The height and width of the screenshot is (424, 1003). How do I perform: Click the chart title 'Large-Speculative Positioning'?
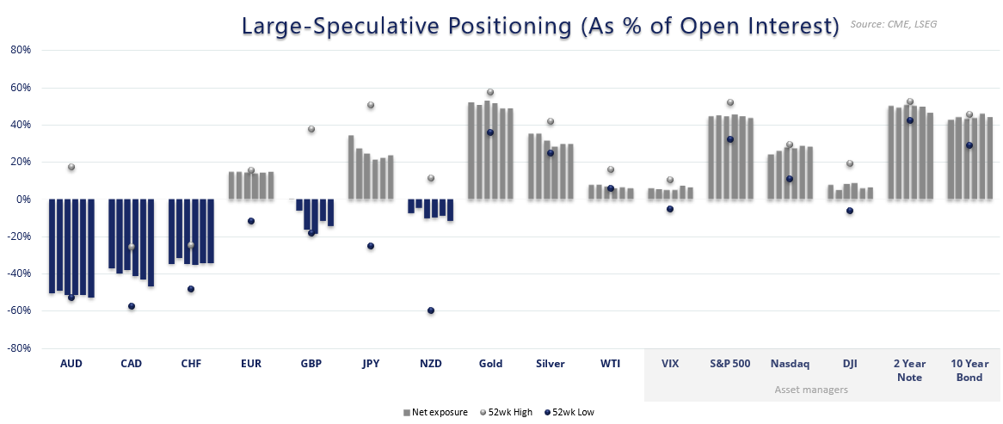click(x=539, y=26)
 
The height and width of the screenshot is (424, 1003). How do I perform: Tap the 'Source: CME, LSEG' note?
click(x=893, y=24)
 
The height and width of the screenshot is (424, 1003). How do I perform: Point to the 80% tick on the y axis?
click(x=20, y=50)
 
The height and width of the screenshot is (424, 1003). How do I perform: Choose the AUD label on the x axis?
click(x=71, y=364)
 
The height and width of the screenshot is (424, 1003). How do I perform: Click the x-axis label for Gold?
click(x=490, y=364)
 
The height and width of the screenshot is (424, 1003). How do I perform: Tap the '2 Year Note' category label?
click(x=909, y=370)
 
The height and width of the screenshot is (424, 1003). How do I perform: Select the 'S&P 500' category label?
click(x=729, y=364)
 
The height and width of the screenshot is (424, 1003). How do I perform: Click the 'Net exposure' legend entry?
click(x=435, y=412)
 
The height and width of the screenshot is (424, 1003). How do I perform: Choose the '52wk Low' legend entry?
click(x=570, y=412)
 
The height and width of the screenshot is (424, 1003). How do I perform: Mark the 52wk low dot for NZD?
click(x=430, y=310)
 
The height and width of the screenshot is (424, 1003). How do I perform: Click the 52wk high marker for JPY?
click(x=371, y=105)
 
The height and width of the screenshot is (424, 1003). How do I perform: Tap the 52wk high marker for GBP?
click(x=311, y=129)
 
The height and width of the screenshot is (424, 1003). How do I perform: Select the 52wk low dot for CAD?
click(x=132, y=306)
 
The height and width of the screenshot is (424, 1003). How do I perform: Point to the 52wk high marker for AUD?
click(x=71, y=167)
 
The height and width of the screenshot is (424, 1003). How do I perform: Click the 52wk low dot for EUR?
click(x=251, y=221)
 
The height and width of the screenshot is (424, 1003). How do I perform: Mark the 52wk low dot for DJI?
click(x=850, y=211)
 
